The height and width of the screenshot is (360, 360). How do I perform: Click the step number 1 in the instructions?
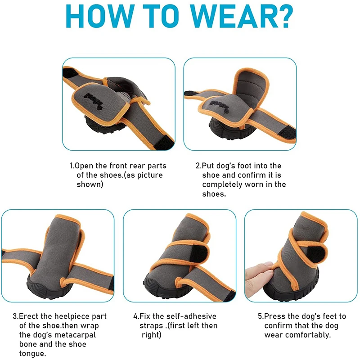click(72, 166)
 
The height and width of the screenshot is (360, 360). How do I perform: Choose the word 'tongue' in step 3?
click(32, 354)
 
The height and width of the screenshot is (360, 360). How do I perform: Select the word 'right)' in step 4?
click(151, 335)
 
